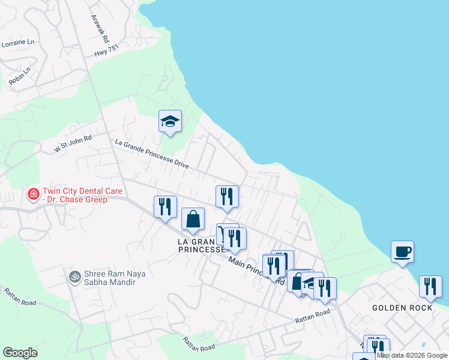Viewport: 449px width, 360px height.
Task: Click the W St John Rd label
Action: [x=73, y=143]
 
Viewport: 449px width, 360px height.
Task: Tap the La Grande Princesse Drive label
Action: [x=152, y=154]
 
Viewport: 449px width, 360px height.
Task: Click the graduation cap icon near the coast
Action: [x=170, y=121]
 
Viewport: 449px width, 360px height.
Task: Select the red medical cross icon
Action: [x=33, y=194]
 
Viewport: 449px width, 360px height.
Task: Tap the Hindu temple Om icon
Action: [x=75, y=277]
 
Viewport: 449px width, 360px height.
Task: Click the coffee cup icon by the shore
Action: [x=402, y=251]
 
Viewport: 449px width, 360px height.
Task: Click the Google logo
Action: [x=20, y=353]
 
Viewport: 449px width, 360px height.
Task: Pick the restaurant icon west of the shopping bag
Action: [x=165, y=207]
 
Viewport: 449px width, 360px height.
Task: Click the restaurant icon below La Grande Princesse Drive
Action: [x=227, y=196]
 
